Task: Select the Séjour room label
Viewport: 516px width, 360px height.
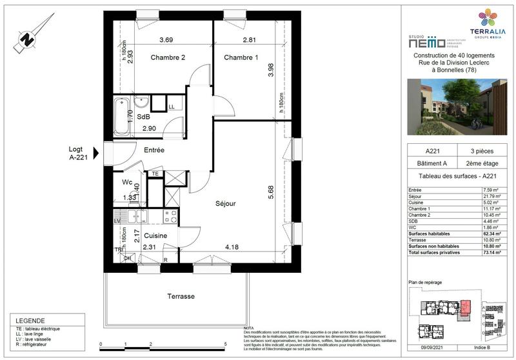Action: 226,203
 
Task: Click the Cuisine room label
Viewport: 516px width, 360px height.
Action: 155,236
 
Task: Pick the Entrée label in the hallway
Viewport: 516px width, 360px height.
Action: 154,150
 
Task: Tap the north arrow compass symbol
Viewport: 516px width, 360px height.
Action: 27,37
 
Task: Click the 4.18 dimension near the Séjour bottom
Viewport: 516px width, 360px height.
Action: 231,246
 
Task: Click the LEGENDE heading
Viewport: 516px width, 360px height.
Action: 30,321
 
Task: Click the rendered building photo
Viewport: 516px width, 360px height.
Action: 458,106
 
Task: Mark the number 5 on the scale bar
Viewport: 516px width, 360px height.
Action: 224,345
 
